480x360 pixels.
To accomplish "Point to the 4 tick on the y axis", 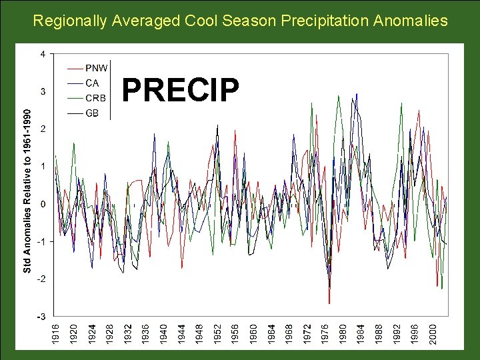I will click(x=43, y=54).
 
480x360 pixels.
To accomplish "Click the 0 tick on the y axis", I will click(x=43, y=204).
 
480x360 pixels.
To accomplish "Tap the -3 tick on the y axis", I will click(x=41, y=316).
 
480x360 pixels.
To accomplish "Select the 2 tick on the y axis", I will click(x=43, y=129).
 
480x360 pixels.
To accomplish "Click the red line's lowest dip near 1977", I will click(x=329, y=303).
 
